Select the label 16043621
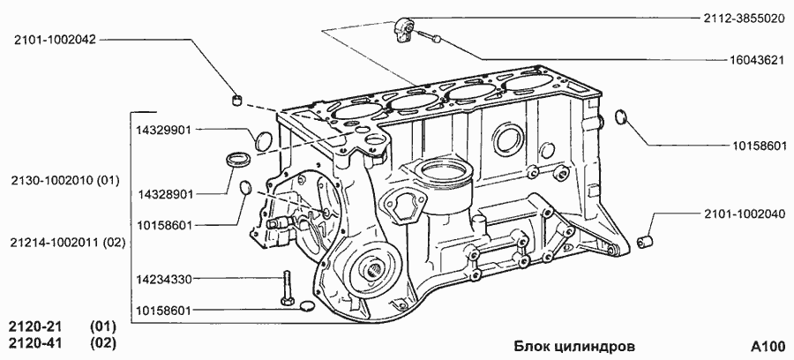coord(757,60)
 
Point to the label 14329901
coord(163,130)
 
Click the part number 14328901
coord(165,194)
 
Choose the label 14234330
coord(163,279)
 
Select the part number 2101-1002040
coord(745,214)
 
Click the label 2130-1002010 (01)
coord(65,180)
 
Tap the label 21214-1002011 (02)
coord(67,243)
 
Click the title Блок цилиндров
coord(574,347)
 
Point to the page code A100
coord(767,347)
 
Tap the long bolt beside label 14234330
coord(285,289)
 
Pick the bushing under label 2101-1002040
coord(644,242)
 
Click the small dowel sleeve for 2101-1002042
coord(236,99)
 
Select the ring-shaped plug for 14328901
coord(236,160)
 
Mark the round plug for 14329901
coord(264,140)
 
